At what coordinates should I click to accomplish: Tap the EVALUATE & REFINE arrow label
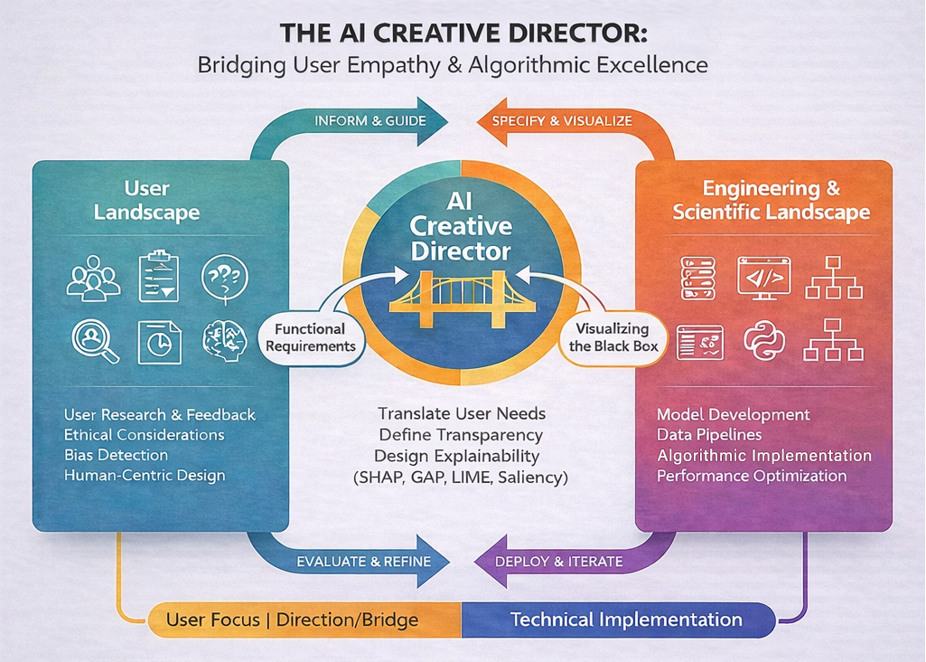[363, 562]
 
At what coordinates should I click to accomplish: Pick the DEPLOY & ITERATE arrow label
[559, 562]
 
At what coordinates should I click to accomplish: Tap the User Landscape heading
[160, 201]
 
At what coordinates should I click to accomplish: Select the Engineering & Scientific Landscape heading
[771, 201]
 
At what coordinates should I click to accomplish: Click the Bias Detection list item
[117, 455]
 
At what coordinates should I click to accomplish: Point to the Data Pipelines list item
[711, 435]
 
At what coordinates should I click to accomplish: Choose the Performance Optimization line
[752, 476]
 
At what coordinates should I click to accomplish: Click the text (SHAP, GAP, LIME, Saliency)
[462, 476]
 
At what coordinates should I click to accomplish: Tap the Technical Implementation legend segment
[626, 620]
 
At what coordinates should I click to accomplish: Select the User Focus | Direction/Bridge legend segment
[293, 620]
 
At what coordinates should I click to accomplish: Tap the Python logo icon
[765, 341]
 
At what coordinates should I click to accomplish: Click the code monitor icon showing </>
[763, 277]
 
